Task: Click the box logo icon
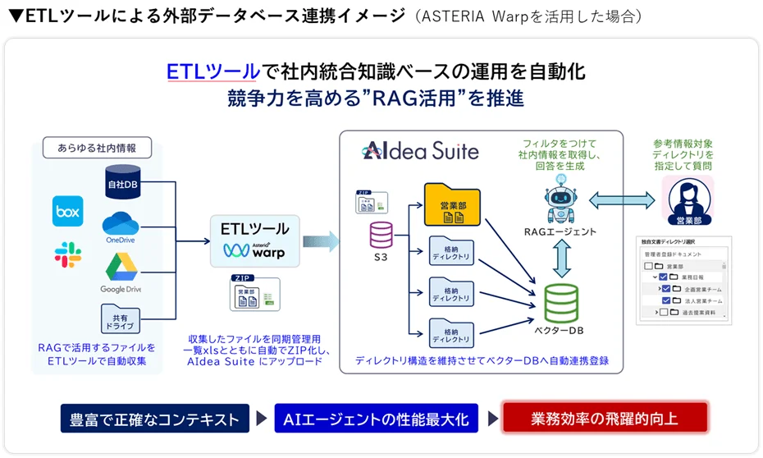click(x=68, y=211)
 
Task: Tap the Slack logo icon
click(x=67, y=254)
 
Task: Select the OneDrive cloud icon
click(x=120, y=225)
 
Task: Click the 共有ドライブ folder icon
click(x=121, y=318)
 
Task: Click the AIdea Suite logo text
click(x=420, y=150)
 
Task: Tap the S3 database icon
click(x=381, y=236)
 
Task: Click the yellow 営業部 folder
click(x=450, y=204)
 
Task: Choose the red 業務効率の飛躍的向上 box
click(x=604, y=419)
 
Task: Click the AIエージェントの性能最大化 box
click(x=376, y=419)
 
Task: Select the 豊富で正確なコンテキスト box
click(x=154, y=419)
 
